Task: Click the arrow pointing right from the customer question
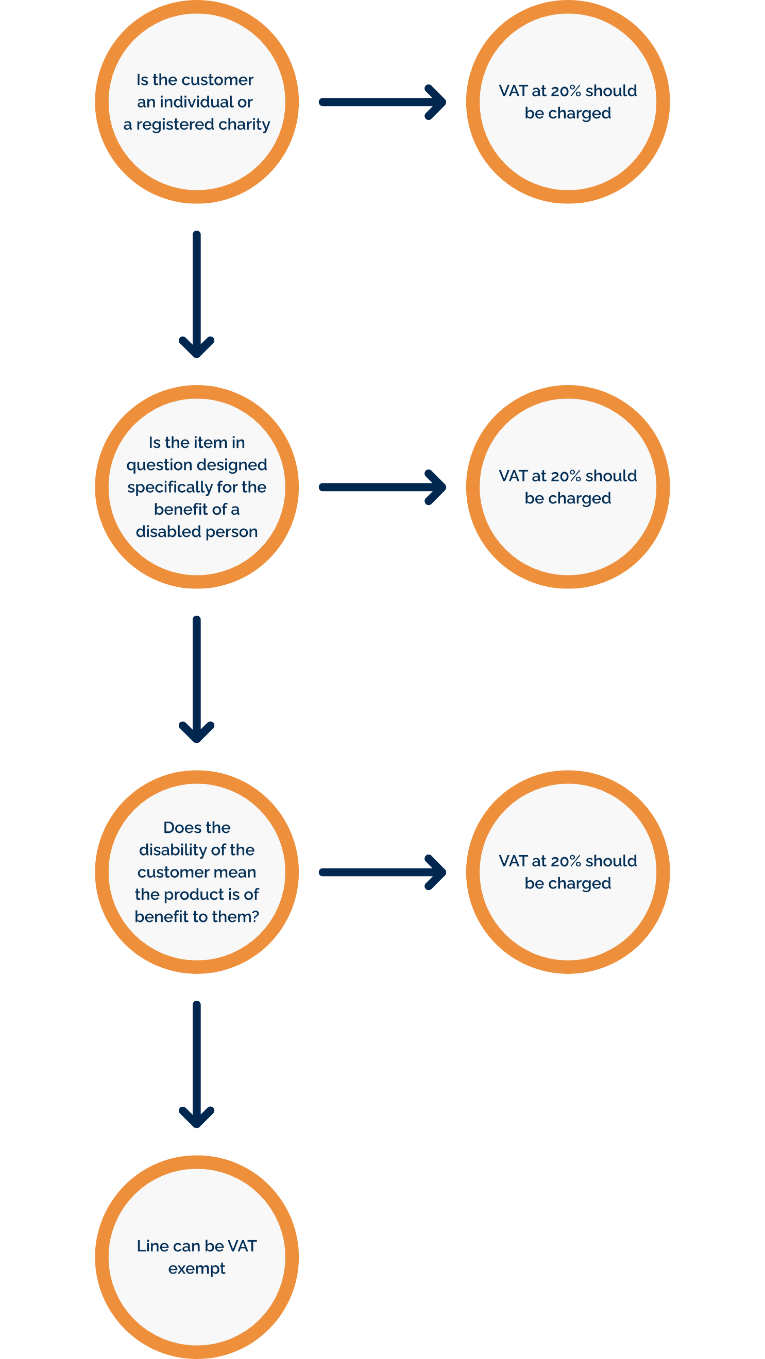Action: [x=383, y=102]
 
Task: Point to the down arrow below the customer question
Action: [x=196, y=294]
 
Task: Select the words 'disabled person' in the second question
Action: [x=196, y=532]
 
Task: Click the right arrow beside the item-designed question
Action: [x=383, y=487]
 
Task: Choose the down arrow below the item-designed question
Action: [x=196, y=679]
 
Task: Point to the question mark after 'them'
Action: [x=256, y=917]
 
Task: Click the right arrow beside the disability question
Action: [x=383, y=872]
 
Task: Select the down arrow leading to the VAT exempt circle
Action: [x=196, y=1065]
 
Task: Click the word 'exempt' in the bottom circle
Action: [x=197, y=1269]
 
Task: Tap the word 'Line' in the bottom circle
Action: [x=152, y=1246]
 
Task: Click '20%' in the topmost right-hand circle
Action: [x=566, y=91]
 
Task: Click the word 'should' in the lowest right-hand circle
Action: [x=611, y=861]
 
